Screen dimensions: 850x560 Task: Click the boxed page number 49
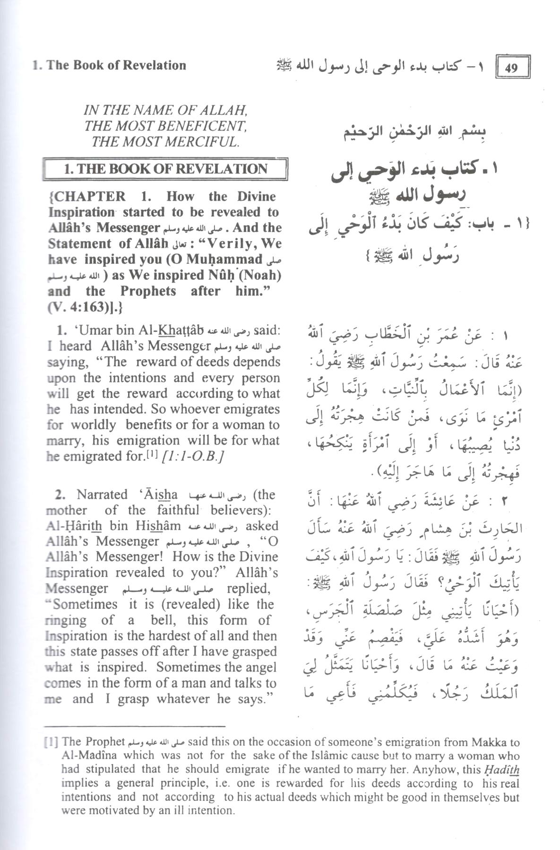point(512,68)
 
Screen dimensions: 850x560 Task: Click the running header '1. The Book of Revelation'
point(109,65)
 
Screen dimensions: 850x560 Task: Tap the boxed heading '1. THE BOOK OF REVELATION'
point(165,169)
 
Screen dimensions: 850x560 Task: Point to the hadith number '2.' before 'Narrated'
point(60,495)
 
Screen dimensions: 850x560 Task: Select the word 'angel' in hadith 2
point(259,667)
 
